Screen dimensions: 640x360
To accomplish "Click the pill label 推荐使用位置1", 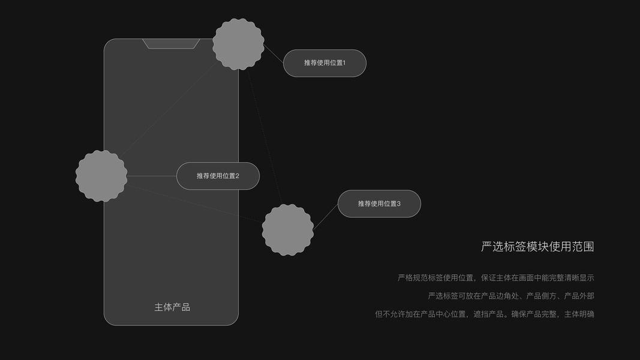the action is pos(324,63).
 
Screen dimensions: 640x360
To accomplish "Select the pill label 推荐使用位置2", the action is pos(218,176).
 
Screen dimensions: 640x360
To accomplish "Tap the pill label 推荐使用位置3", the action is pos(379,204).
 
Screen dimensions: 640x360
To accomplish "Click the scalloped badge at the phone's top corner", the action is pos(238,44).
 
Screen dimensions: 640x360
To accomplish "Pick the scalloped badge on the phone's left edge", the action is pos(101,176).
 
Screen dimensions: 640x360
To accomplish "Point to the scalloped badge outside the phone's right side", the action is pos(288,230).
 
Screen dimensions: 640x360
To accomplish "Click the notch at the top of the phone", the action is pos(171,43).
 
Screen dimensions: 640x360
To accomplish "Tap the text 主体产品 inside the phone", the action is pos(172,307).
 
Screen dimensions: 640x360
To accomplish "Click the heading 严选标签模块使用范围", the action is pos(537,247).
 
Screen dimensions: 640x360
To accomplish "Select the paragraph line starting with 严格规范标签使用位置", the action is pos(495,278).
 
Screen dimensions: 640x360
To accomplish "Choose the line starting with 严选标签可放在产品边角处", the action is pos(510,296).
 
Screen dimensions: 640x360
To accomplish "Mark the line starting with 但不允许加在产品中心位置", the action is pos(484,314).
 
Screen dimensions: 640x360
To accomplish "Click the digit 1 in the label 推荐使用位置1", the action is pos(344,63).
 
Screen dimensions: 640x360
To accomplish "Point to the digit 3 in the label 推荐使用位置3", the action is pos(398,204).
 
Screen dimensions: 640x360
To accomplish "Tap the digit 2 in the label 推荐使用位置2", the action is pos(237,176).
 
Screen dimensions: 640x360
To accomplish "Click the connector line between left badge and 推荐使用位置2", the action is pos(152,176).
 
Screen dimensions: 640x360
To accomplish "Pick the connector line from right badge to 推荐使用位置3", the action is pos(326,217).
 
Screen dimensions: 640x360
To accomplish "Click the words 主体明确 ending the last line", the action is pos(579,314).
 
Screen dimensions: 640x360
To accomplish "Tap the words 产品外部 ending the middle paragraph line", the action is pos(579,296).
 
